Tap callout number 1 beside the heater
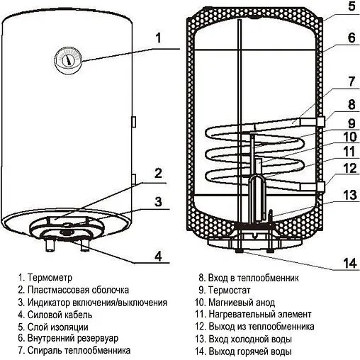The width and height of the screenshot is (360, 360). click(x=159, y=38)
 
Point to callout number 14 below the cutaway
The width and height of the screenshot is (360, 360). click(x=347, y=264)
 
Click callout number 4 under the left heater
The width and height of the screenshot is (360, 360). click(x=159, y=256)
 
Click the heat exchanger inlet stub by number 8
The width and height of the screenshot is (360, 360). click(x=322, y=122)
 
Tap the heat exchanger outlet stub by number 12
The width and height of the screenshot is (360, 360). click(x=322, y=186)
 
